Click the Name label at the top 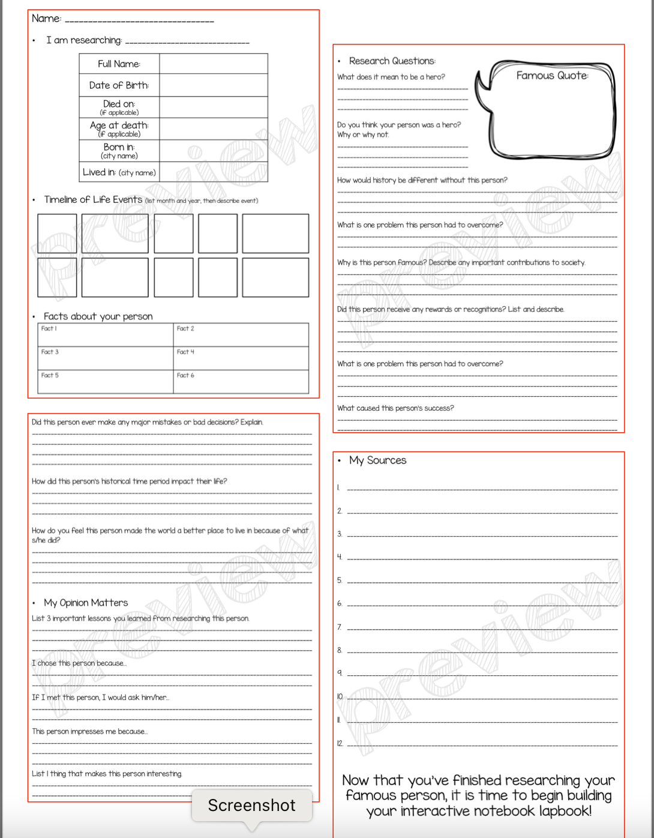[x=46, y=19]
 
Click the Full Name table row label [x=119, y=64]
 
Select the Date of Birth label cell [x=119, y=85]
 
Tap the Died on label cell [x=119, y=106]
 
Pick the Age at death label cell [x=119, y=128]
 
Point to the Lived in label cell [x=119, y=172]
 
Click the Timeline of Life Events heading [x=93, y=200]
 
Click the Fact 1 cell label [x=49, y=328]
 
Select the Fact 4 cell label [x=185, y=352]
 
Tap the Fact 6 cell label [x=185, y=375]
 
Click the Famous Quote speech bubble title [x=552, y=76]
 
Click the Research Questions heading [x=392, y=61]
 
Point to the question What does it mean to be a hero [x=391, y=77]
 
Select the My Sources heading [x=377, y=460]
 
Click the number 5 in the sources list [x=340, y=580]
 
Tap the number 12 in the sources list [x=340, y=743]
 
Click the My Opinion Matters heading [x=86, y=603]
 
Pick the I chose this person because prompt [x=79, y=663]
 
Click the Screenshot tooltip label [x=251, y=805]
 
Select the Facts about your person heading [x=98, y=316]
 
